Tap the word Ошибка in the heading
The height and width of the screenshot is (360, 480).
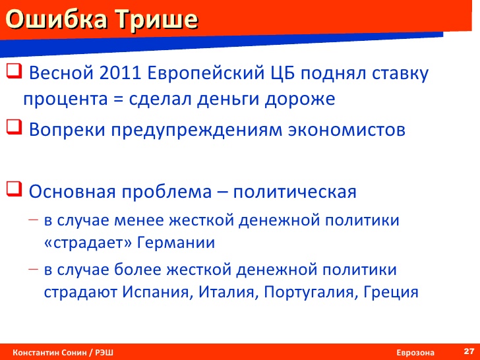[x=57, y=20]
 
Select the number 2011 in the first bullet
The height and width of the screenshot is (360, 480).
[x=120, y=73]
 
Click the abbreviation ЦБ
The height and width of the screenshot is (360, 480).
[x=282, y=74]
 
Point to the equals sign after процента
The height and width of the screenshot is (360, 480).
[x=118, y=100]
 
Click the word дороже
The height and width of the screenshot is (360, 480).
[x=300, y=100]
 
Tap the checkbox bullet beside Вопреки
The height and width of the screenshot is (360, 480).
[x=14, y=127]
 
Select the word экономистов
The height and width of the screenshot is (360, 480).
[x=347, y=130]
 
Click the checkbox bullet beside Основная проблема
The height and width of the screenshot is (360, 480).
[x=14, y=189]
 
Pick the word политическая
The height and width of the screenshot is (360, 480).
[x=295, y=193]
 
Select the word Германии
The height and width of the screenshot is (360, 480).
[x=175, y=243]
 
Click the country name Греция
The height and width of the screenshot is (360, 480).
[x=391, y=292]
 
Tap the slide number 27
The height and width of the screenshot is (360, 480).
[x=469, y=351]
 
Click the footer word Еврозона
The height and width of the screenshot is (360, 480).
[x=415, y=353]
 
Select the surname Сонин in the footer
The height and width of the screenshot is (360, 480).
[x=75, y=353]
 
